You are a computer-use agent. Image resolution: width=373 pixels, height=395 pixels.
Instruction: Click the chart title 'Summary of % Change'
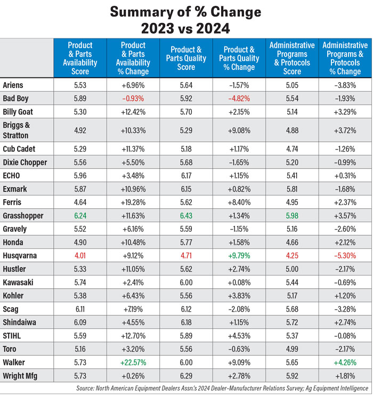[186, 12]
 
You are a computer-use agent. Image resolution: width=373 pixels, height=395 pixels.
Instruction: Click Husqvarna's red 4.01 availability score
[80, 255]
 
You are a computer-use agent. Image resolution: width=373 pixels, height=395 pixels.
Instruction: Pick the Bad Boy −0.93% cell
[133, 98]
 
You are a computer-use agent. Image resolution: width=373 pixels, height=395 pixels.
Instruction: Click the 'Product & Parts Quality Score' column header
[185, 58]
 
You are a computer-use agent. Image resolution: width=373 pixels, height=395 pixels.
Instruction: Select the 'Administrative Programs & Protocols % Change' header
[345, 58]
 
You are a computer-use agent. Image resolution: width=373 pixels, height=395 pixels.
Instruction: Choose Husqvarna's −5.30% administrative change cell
[345, 255]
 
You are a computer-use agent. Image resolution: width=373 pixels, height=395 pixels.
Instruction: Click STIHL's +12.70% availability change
[133, 336]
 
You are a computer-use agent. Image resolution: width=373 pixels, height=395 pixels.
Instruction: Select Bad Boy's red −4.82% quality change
[239, 98]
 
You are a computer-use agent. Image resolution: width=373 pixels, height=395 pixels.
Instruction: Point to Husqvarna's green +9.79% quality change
[239, 255]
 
